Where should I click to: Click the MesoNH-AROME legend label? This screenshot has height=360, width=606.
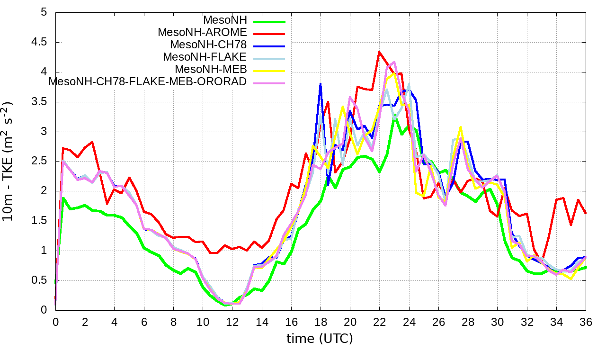[202, 32]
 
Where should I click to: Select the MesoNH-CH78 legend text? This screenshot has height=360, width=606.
[208, 45]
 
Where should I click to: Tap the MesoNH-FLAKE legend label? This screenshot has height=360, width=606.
[205, 57]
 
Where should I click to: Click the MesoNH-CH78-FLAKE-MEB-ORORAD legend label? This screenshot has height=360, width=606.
[148, 81]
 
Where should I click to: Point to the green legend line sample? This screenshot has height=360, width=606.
[269, 21]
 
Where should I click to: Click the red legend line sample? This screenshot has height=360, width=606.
[269, 34]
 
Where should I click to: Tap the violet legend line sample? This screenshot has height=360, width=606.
[269, 83]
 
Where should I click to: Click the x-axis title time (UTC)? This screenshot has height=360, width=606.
[320, 339]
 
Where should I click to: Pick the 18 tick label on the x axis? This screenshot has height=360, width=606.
[321, 321]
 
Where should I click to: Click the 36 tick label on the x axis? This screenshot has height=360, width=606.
[586, 321]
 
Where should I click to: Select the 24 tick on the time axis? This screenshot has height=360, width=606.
[409, 321]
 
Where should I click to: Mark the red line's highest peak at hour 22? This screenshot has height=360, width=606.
[379, 52]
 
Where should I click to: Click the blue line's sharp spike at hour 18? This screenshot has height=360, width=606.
[321, 84]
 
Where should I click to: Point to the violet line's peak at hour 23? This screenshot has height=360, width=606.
[394, 62]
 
